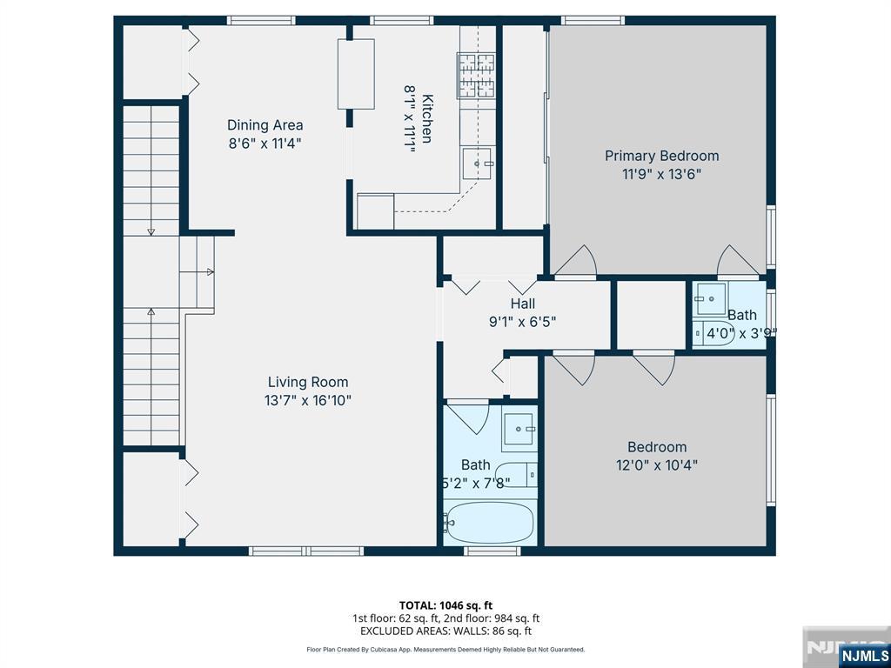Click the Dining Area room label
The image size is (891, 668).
(265, 125)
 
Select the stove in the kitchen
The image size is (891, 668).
(476, 75)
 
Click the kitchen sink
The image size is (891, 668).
(478, 163)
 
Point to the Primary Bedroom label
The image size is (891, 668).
(661, 156)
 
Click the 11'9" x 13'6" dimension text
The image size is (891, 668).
(661, 173)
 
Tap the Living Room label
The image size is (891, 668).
(307, 382)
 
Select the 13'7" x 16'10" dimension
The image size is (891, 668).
(308, 400)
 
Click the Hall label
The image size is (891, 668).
(522, 304)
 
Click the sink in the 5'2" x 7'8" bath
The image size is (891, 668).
(519, 428)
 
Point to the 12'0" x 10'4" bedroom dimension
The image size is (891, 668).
(657, 465)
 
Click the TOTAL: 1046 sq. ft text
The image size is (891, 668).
(445, 605)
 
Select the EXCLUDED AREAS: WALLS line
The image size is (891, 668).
(445, 631)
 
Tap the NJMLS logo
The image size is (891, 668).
(863, 655)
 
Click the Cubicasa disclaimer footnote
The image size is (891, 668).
(445, 650)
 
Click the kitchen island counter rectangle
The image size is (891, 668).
(356, 74)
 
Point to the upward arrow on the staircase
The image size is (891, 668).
(151, 311)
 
